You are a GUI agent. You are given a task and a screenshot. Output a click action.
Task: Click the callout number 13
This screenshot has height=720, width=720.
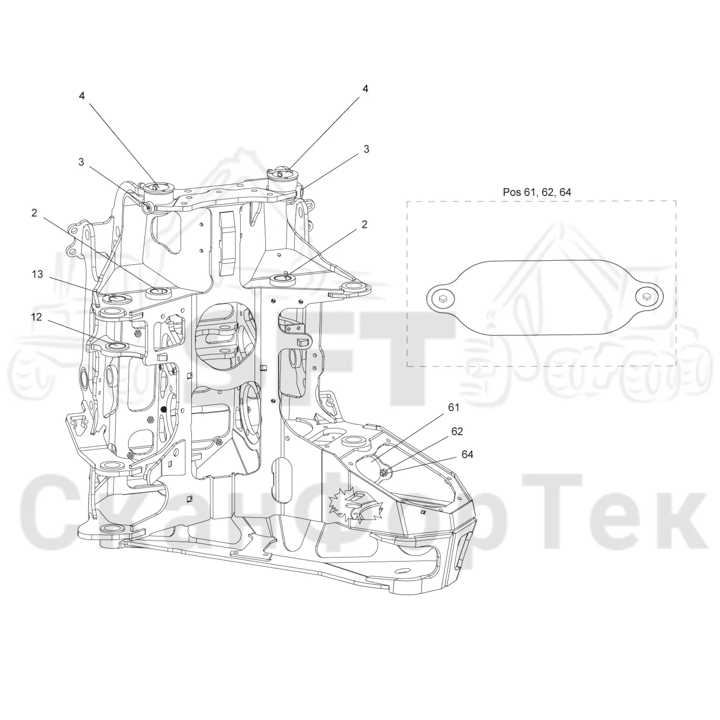pos(38,274)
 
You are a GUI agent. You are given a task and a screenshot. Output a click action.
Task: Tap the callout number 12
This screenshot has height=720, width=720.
pos(36,317)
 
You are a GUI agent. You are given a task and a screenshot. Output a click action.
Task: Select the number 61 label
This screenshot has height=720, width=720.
pos(454,407)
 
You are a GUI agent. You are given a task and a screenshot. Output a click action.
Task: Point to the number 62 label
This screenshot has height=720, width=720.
pos(457,431)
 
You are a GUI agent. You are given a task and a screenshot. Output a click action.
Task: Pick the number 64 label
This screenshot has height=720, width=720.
pos(467,454)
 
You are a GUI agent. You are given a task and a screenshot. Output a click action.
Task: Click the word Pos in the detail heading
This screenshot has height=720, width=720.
pos(512,192)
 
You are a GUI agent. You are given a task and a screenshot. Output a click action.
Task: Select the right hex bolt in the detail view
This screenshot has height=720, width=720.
pos(647,297)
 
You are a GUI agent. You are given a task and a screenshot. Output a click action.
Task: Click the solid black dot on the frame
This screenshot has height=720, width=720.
pos(163,409)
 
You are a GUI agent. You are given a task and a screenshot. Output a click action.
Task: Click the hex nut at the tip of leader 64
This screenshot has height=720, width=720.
pos(383,473)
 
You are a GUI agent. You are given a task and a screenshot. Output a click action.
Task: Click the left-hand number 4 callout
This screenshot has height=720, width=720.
pos(81,96)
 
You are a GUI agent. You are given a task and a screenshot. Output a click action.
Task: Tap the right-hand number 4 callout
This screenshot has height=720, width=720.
pos(366,89)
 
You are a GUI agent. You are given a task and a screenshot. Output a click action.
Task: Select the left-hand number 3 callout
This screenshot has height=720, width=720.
pos(81,162)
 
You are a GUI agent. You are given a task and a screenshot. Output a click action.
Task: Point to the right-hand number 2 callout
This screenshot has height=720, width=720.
pos(364,225)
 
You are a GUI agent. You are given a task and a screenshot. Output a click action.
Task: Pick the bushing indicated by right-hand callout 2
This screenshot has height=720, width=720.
pos(283,280)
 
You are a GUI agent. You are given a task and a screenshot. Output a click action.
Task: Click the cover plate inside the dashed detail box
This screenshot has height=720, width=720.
pos(545,297)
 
